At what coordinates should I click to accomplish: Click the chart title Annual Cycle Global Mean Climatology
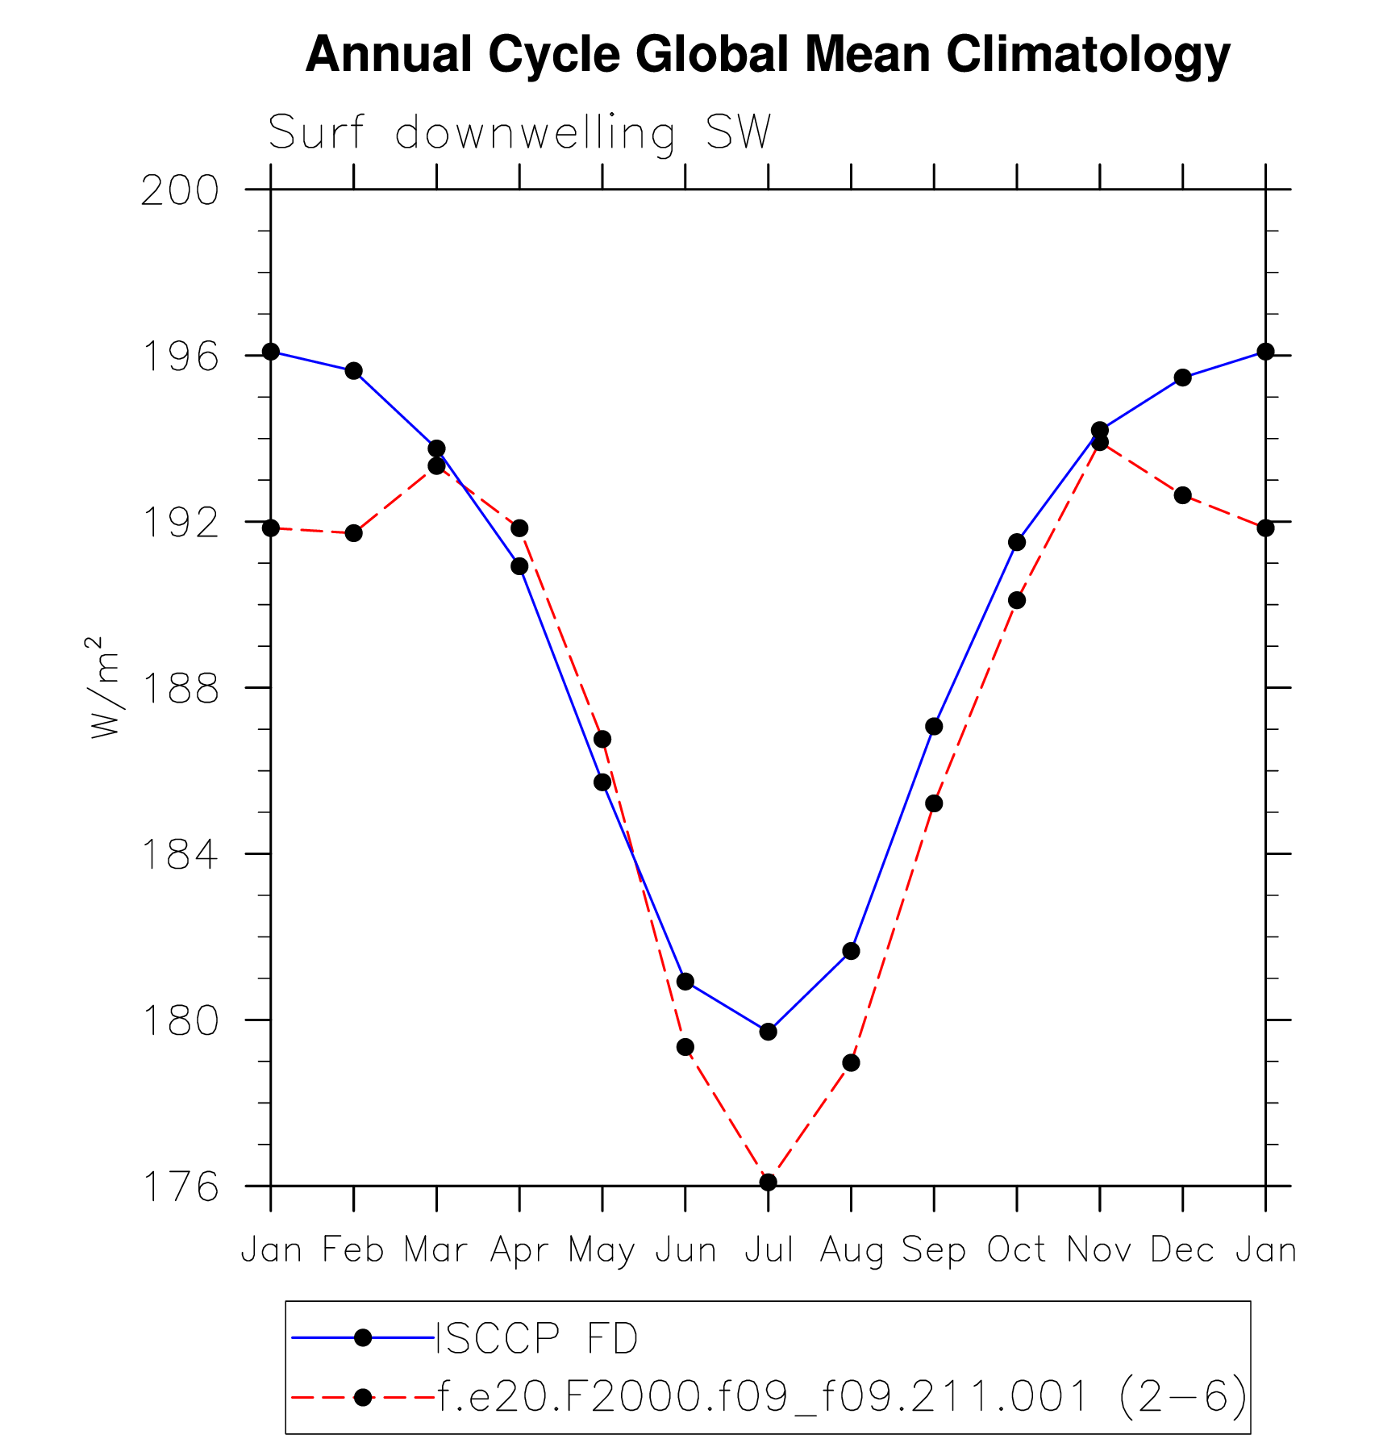click(768, 55)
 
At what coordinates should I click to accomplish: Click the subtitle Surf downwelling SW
click(520, 132)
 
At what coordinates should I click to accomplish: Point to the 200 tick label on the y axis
click(180, 191)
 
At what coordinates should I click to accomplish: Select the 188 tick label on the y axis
click(180, 689)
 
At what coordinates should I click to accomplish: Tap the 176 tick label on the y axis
click(180, 1187)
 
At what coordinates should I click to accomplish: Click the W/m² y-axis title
click(106, 687)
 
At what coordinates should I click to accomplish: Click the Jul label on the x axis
click(769, 1251)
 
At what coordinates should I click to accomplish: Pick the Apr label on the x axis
click(519, 1251)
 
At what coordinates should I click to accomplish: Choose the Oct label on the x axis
click(1017, 1251)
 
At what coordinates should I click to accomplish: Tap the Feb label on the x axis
click(353, 1251)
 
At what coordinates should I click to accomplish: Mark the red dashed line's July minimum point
click(769, 1182)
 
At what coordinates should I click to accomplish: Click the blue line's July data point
click(769, 1032)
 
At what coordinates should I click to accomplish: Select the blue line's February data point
click(353, 371)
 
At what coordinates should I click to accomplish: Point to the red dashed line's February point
click(353, 533)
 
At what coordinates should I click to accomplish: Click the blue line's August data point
click(851, 951)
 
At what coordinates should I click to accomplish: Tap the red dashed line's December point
click(1183, 495)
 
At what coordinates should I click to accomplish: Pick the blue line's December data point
click(1183, 377)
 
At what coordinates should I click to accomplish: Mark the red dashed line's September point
click(934, 803)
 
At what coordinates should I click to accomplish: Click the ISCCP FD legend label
click(537, 1340)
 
